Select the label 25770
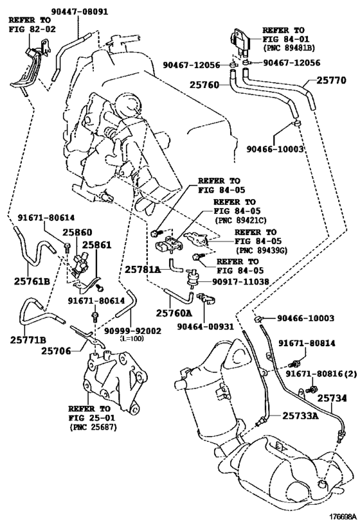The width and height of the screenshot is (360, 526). pos(331,80)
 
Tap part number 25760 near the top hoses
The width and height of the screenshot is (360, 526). pos(204,85)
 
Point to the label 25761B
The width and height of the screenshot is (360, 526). pos(32,281)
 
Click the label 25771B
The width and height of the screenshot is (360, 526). pos(28,340)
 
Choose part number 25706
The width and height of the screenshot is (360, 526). pos(57,351)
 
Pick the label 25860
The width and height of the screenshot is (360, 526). pos(78,232)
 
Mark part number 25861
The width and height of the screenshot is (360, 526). pos(96,245)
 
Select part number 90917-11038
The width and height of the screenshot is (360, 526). pos(240,282)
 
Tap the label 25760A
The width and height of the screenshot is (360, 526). pos(174,313)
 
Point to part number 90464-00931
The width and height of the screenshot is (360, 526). pos(205,326)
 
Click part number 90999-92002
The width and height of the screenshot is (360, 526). pos(132,331)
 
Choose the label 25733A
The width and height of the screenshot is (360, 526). pos(300,416)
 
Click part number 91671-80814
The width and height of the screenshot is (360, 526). pos(307,343)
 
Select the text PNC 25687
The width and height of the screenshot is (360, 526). pos(93,427)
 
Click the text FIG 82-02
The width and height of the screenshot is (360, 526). pos(32,29)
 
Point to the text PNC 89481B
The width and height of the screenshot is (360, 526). pos(289,48)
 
